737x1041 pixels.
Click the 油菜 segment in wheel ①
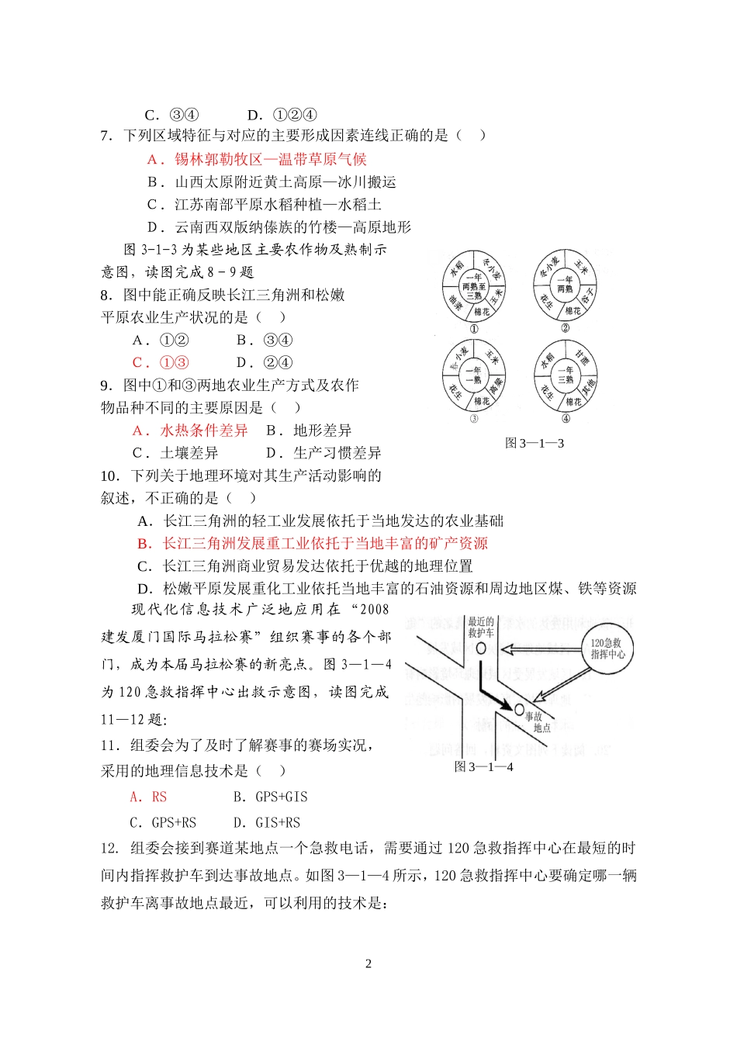coord(455,304)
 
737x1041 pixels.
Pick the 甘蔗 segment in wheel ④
coord(582,358)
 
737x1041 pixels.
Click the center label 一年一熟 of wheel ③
coord(473,375)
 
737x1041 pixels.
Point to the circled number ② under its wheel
coord(565,328)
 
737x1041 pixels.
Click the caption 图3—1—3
coord(534,444)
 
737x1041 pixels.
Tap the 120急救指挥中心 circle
coord(607,648)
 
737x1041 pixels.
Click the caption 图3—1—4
coord(483,767)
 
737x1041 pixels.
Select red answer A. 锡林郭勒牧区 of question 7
coord(256,160)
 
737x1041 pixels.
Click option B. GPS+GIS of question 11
coord(270,797)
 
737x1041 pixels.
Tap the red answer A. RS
coord(148,797)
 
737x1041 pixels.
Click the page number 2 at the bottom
coord(368,964)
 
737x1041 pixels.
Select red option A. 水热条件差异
coord(190,431)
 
